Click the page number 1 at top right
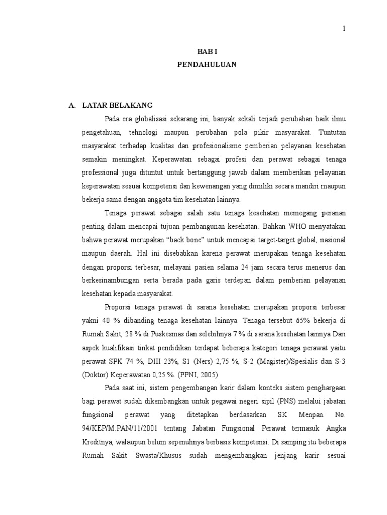click(344, 29)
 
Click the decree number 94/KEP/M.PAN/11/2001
click(120, 428)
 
